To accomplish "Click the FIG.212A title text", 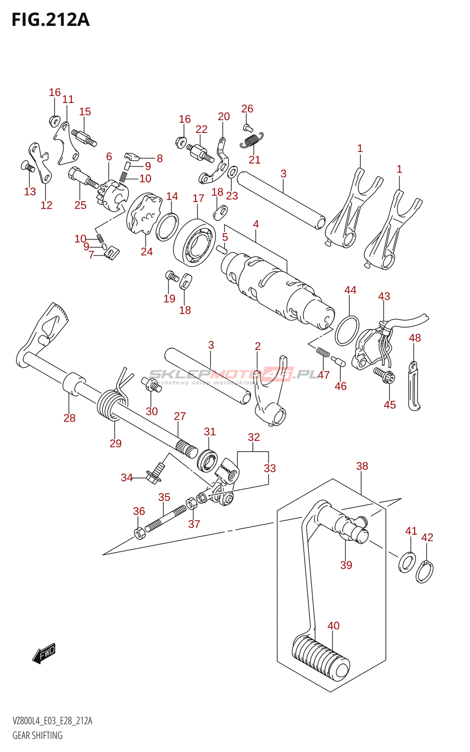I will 50,20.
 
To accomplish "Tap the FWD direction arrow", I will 44,653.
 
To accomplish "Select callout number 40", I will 333,626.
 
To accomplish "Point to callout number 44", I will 350,290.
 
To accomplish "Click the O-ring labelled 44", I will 347,330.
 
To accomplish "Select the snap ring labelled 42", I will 424,572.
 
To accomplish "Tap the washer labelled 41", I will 407,562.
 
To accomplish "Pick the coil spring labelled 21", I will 251,140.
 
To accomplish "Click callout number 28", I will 70,418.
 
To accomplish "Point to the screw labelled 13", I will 29,166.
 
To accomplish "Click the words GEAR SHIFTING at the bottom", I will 37,736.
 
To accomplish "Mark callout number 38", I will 362,466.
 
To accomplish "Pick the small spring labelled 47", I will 323,352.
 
